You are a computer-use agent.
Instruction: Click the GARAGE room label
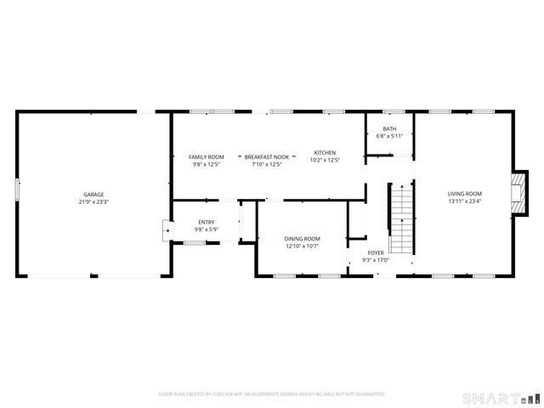(93, 195)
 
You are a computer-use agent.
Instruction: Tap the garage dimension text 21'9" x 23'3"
(93, 202)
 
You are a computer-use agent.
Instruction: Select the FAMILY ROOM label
(206, 157)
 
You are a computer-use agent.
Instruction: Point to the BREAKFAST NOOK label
(267, 157)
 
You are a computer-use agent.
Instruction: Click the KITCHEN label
(325, 152)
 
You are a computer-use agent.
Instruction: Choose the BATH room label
(389, 128)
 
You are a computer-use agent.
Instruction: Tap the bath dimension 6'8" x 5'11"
(389, 136)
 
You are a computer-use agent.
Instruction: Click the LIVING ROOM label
(465, 195)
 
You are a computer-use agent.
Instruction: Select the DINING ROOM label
(302, 239)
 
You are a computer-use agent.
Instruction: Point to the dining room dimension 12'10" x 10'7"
(302, 246)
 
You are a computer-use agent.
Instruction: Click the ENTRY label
(207, 222)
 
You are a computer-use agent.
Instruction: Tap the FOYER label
(376, 253)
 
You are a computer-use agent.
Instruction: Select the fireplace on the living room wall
(518, 195)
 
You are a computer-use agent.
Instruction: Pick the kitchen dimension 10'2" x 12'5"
(325, 160)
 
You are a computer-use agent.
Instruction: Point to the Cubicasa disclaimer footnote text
(272, 394)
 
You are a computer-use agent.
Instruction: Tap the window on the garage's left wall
(17, 189)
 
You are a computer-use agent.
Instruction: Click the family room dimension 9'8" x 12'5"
(206, 165)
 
